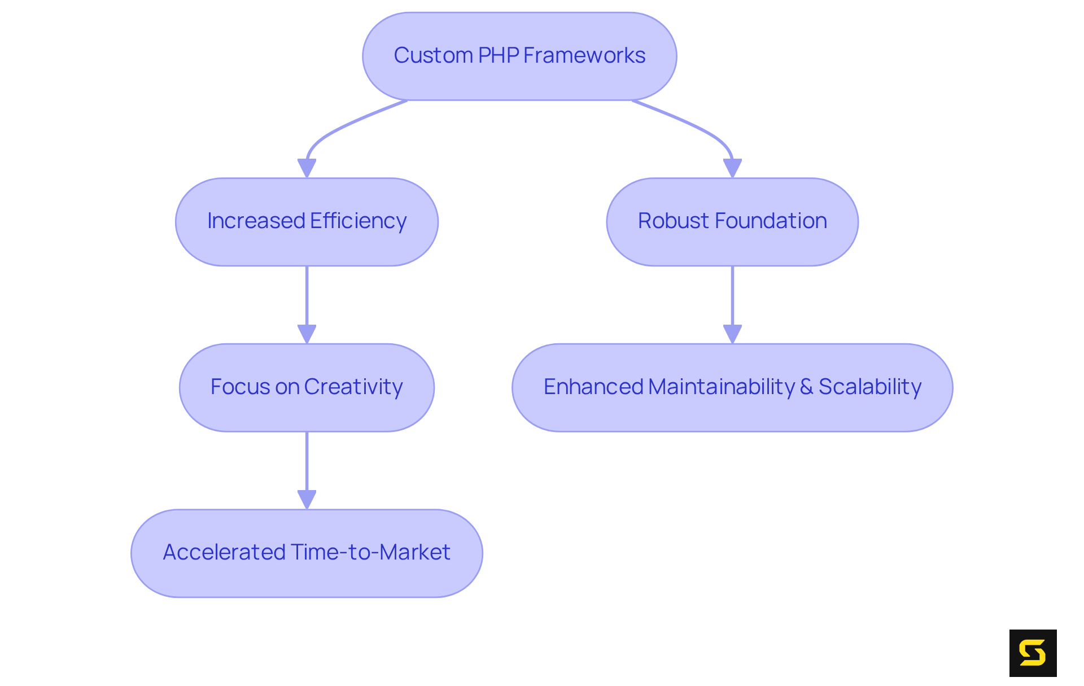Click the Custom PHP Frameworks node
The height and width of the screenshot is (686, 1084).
pyautogui.click(x=519, y=56)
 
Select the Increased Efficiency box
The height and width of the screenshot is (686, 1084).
pyautogui.click(x=307, y=222)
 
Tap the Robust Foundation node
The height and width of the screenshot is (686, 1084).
pyautogui.click(x=732, y=222)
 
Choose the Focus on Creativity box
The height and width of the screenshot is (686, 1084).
pyautogui.click(x=307, y=387)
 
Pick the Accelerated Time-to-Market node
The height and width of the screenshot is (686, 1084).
pyautogui.click(x=307, y=553)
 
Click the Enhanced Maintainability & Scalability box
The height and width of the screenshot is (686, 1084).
pyautogui.click(x=732, y=387)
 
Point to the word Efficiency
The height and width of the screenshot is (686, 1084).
pyautogui.click(x=358, y=221)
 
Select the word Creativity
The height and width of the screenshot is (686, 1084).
pyautogui.click(x=353, y=387)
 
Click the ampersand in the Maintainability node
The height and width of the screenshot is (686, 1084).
pyautogui.click(x=806, y=387)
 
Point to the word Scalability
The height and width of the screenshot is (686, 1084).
pyautogui.click(x=870, y=387)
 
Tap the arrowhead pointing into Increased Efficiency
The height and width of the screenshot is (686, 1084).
pyautogui.click(x=307, y=168)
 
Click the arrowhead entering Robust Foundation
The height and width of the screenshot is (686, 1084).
pyautogui.click(x=732, y=168)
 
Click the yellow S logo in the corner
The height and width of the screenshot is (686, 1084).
pyautogui.click(x=1033, y=653)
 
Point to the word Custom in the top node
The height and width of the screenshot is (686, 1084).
pyautogui.click(x=433, y=55)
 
